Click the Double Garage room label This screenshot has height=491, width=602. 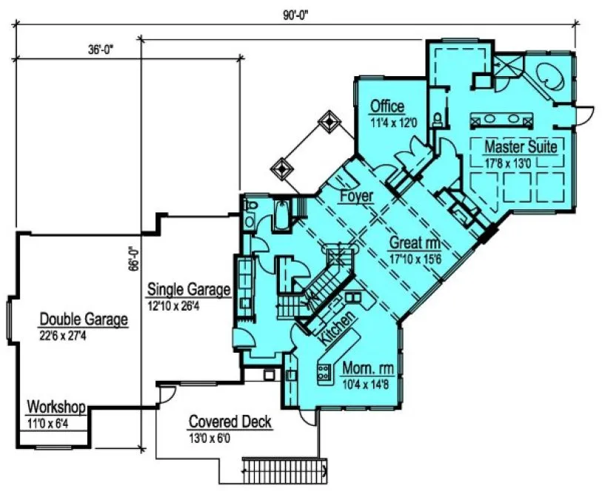point(84,319)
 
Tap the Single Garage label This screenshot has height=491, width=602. point(188,289)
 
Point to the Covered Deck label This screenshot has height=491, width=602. point(230,422)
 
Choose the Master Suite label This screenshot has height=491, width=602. point(520,146)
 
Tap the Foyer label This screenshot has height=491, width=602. point(355,197)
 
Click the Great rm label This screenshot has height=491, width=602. point(416,243)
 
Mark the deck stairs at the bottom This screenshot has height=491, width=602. point(284,468)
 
